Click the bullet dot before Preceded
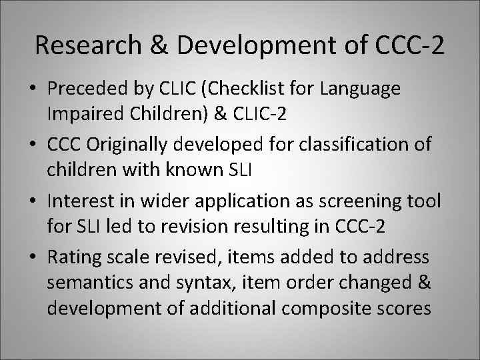pos(33,89)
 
